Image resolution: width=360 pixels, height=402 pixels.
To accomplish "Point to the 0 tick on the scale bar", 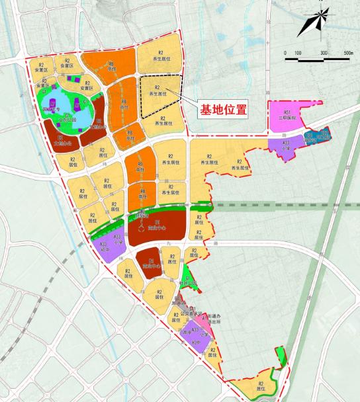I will pyautogui.click(x=285, y=52).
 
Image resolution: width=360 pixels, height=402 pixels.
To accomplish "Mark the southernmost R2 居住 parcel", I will pyautogui.click(x=259, y=387).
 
